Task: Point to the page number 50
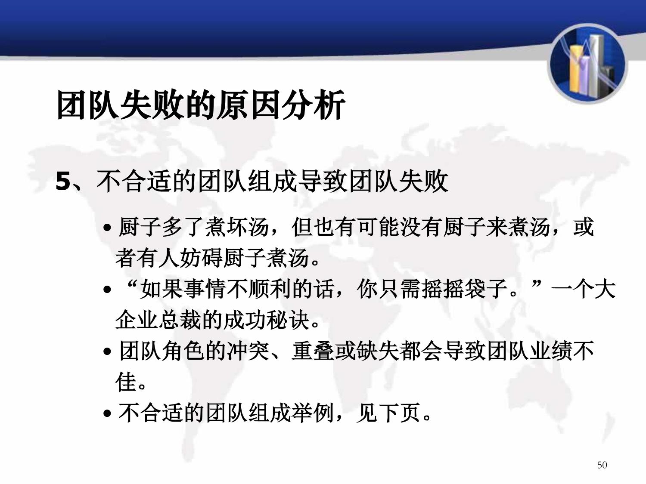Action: click(x=602, y=465)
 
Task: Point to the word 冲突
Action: click(x=248, y=351)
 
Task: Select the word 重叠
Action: click(x=313, y=351)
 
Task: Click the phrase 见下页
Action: click(x=388, y=413)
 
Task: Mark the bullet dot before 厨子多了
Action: click(x=107, y=228)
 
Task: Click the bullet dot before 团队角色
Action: click(x=107, y=352)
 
